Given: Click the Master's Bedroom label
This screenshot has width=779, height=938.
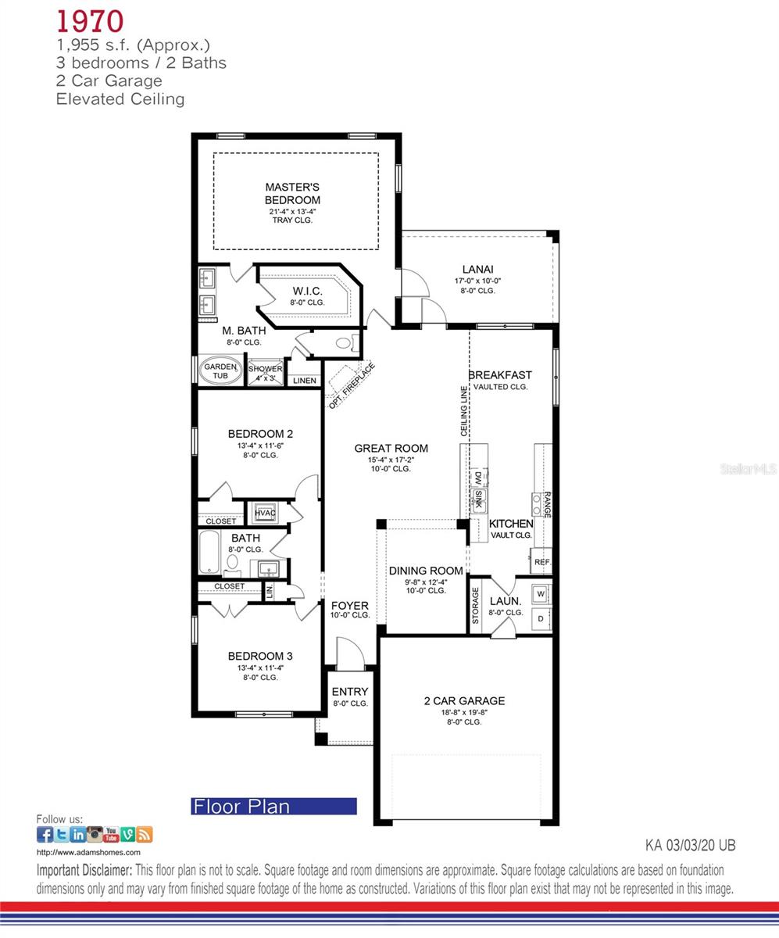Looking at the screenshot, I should [292, 193].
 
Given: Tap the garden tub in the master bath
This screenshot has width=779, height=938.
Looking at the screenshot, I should [221, 371].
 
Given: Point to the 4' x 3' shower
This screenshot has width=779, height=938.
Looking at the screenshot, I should [266, 373].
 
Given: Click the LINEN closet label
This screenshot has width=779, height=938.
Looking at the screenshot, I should [305, 381].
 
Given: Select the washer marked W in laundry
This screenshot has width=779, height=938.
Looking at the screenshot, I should [541, 593].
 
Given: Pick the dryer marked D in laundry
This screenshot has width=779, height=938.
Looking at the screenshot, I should [541, 618].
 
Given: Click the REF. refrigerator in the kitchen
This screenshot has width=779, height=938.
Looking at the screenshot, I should [542, 561].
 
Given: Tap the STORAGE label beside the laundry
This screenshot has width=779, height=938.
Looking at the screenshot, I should [475, 607].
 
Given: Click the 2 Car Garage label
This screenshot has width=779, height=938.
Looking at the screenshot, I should [464, 701].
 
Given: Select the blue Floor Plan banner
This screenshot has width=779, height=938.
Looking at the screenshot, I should [274, 807].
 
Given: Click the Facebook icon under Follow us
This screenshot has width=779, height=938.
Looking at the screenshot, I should [45, 834].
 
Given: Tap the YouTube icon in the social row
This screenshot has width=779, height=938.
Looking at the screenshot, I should [112, 834].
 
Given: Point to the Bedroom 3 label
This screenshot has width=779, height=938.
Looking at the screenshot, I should [260, 656].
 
